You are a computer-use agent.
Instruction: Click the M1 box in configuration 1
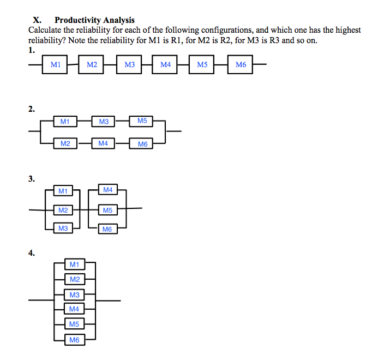(55, 65)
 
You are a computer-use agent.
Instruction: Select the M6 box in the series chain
(241, 65)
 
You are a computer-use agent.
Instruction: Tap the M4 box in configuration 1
(166, 65)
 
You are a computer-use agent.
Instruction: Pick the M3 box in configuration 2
(104, 121)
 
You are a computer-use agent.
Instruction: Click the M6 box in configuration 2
(142, 144)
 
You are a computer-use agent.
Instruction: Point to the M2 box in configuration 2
(65, 143)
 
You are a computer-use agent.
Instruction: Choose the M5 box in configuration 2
(142, 121)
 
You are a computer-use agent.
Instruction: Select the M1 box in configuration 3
(63, 191)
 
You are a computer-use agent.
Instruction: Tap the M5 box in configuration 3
(107, 210)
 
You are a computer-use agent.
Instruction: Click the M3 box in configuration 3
(63, 229)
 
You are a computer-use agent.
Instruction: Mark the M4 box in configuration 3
(107, 190)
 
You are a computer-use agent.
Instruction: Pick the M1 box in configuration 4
(75, 265)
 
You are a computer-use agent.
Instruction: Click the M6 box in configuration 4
(75, 340)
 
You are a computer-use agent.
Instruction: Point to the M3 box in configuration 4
(75, 295)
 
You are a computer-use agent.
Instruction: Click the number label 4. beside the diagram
(32, 253)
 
